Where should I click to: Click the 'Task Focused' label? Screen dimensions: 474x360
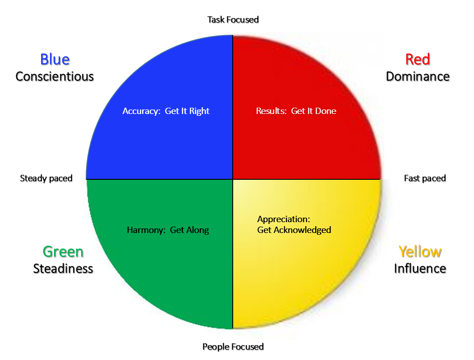tap(233, 20)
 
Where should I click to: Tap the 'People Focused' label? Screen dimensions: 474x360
tap(233, 346)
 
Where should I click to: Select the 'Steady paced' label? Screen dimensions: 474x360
tap(46, 178)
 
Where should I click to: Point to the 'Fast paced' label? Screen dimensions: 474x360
tap(425, 178)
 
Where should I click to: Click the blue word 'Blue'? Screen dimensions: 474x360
tap(55, 59)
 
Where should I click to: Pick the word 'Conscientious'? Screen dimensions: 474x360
tap(55, 77)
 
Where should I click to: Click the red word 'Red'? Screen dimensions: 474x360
tap(418, 59)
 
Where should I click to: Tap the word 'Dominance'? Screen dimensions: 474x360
tap(418, 77)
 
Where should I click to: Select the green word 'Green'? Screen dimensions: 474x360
tap(63, 251)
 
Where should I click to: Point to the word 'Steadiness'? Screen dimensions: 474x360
tap(63, 269)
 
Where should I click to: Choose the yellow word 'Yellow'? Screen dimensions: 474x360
tap(420, 251)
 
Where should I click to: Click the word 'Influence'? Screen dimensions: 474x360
tap(420, 269)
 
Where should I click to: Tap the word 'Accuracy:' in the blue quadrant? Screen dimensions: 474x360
tap(142, 111)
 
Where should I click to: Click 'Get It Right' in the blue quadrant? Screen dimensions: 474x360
tap(187, 111)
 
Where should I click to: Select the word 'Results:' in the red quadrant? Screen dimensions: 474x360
tap(272, 111)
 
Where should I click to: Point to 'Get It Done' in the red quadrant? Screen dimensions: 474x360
tap(314, 111)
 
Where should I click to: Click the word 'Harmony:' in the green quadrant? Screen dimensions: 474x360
tap(146, 230)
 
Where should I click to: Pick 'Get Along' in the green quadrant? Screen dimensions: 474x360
tap(189, 230)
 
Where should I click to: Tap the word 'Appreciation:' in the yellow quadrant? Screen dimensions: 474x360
tap(284, 219)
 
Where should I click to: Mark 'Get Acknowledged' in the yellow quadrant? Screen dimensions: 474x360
tap(294, 230)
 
